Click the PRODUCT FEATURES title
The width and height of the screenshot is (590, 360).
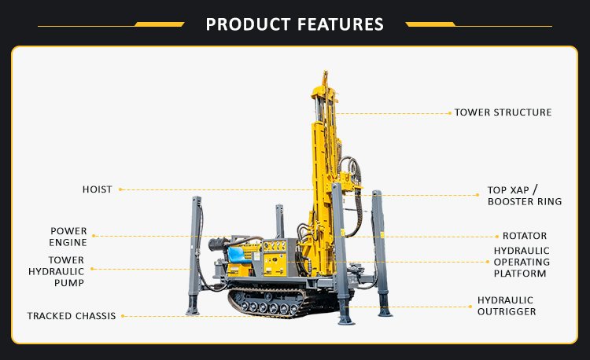[x=295, y=24]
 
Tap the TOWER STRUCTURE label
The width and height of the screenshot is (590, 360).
[x=503, y=112]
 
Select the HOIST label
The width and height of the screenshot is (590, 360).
[x=97, y=189]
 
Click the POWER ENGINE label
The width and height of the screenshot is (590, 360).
[x=68, y=237]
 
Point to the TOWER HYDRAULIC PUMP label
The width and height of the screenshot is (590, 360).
[x=57, y=271]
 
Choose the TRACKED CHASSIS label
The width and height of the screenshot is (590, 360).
[x=72, y=316]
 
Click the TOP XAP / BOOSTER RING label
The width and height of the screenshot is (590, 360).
[x=525, y=196]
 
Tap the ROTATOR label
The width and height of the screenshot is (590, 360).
[x=525, y=236]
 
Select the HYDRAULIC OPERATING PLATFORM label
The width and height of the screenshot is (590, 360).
[x=522, y=262]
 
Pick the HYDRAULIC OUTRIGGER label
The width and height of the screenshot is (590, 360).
[x=507, y=306]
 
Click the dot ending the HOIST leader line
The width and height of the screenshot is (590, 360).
[x=120, y=189]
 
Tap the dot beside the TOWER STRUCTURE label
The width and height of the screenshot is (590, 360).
[x=450, y=113]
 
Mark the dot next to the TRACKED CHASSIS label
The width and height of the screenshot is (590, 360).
[x=123, y=317]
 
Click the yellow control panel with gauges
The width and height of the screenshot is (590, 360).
[x=275, y=258]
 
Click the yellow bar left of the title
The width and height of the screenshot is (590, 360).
[x=160, y=24]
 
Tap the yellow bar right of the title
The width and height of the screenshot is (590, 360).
[x=430, y=24]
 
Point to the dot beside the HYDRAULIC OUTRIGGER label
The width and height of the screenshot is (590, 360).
[x=470, y=307]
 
